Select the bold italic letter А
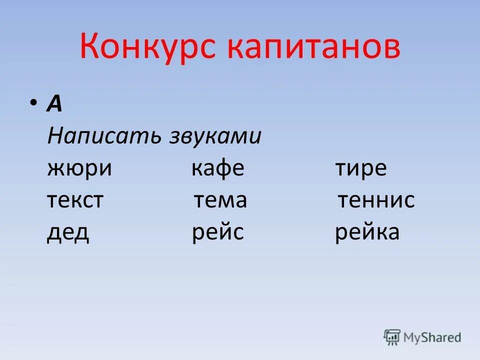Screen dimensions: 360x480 [54, 104]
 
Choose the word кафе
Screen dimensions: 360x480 [217, 168]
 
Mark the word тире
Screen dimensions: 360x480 [360, 168]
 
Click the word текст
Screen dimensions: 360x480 [75, 200]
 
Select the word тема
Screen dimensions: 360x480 [220, 200]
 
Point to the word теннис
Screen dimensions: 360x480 [376, 200]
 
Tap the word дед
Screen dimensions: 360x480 [68, 232]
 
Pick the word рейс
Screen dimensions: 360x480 [217, 232]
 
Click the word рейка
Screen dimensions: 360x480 [367, 232]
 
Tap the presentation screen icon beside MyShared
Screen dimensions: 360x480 [392, 337]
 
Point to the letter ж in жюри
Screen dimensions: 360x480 [56, 169]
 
